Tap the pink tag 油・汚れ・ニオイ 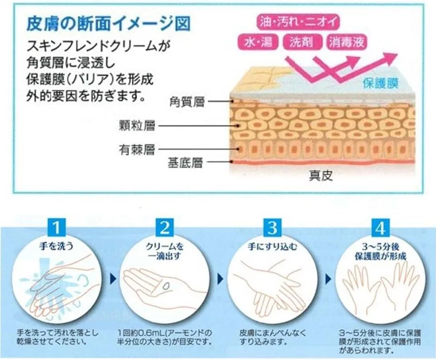coord(299,22)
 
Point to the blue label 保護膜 coord(381,83)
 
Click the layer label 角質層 coord(187,102)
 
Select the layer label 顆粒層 coord(137,126)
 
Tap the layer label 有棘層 coord(137,150)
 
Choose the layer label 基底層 coord(185,163)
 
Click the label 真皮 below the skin coord(321,176)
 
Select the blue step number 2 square coord(165,227)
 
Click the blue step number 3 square coord(272,227)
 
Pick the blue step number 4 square coord(381,227)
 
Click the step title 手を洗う coord(56,246)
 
